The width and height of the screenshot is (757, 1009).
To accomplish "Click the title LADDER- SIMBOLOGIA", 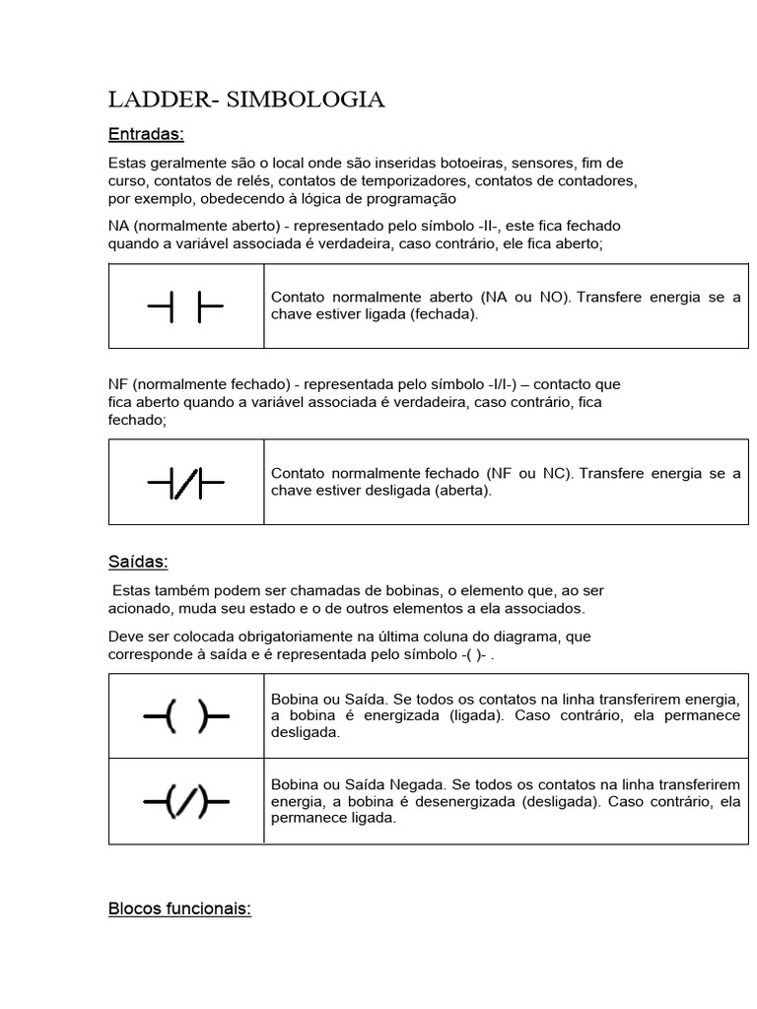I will (x=245, y=100).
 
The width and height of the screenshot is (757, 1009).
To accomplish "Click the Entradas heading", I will (x=146, y=134).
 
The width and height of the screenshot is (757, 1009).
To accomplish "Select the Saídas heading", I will (x=138, y=562).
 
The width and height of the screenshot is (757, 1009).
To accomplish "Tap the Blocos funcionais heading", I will (x=179, y=908).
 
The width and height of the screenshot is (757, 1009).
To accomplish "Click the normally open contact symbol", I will (x=185, y=306).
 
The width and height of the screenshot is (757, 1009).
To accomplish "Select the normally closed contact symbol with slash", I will (x=185, y=483).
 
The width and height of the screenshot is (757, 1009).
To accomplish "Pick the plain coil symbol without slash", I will (x=185, y=716).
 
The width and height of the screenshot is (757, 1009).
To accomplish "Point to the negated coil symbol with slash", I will (x=185, y=802).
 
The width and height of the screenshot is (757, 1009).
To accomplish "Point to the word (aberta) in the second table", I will (x=461, y=491).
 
